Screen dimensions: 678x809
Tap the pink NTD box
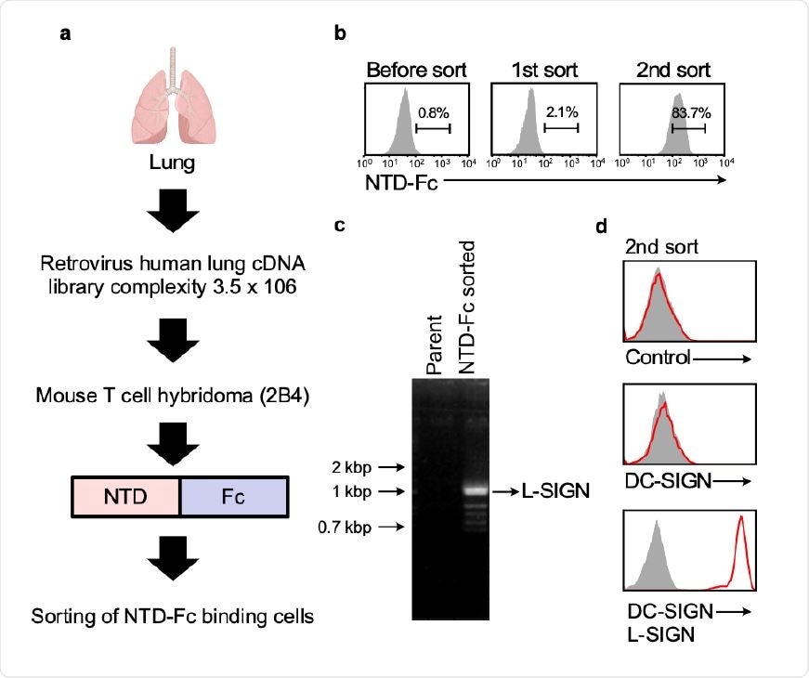pyautogui.click(x=125, y=496)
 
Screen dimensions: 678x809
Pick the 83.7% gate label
pyautogui.click(x=688, y=111)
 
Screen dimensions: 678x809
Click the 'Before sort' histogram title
pyautogui.click(x=416, y=71)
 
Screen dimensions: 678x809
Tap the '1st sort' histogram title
pyautogui.click(x=544, y=71)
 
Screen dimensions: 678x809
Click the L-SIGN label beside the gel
pyautogui.click(x=555, y=490)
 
